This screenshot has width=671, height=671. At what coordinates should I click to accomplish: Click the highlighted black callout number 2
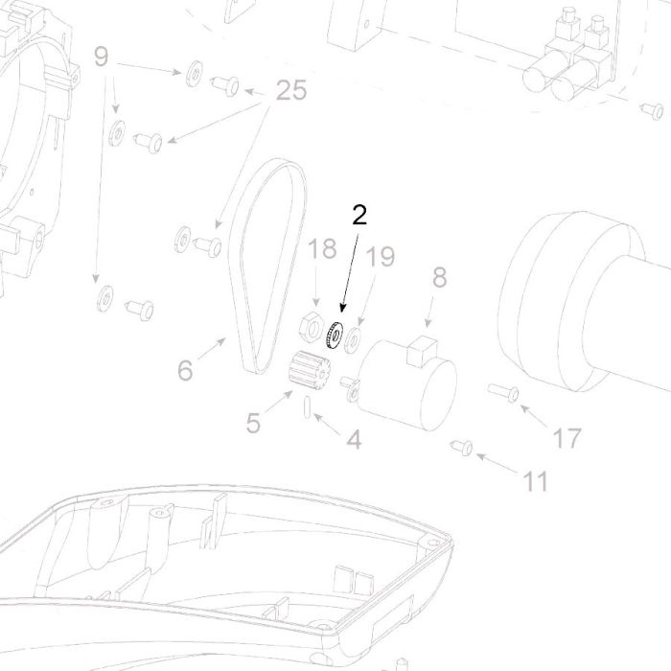click(x=359, y=215)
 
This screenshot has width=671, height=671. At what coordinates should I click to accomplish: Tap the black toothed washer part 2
click(x=335, y=335)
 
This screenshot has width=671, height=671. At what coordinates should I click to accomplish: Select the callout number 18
click(x=322, y=248)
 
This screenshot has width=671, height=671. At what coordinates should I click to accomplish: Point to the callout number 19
click(x=381, y=257)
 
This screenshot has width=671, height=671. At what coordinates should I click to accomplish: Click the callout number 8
click(x=439, y=277)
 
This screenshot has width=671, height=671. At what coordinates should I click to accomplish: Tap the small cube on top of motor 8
click(x=421, y=351)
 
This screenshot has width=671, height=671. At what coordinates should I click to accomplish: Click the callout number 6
click(x=185, y=370)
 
